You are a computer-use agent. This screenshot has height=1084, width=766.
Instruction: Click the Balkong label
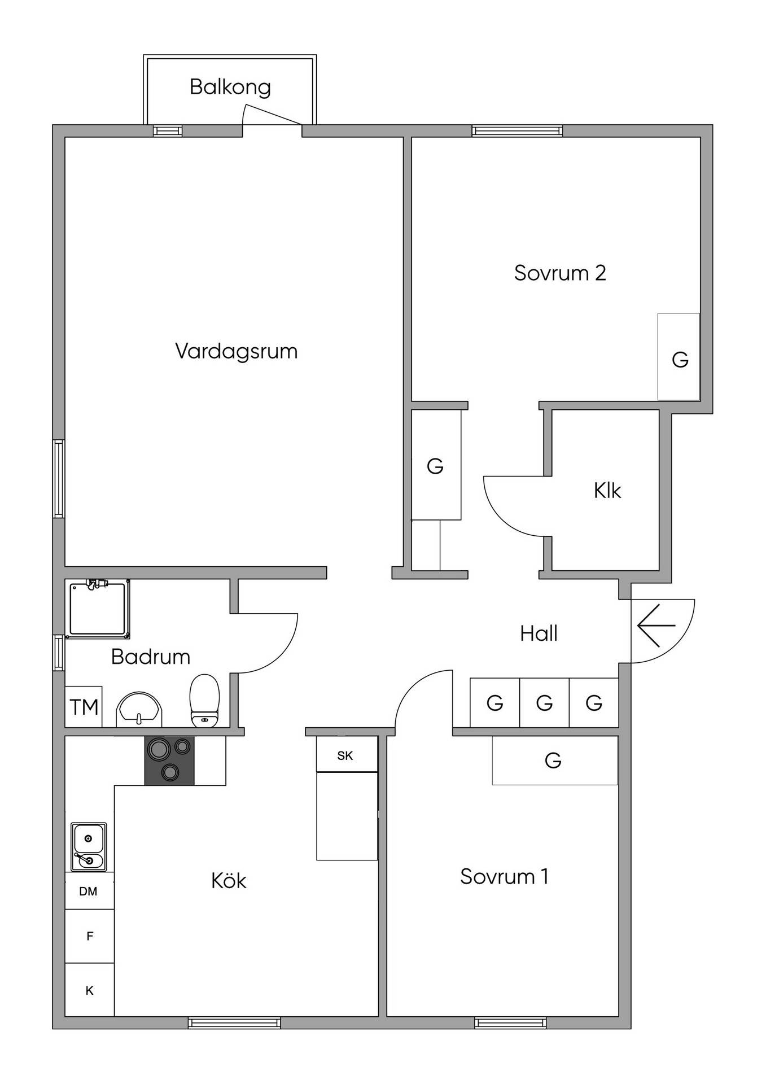point(230,87)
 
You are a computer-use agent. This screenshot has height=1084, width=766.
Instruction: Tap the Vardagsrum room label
point(237,351)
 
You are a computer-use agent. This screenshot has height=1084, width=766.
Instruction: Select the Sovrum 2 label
point(560,273)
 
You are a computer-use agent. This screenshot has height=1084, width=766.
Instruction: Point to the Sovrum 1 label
point(504,876)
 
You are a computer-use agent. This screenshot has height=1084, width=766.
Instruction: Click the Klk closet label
point(607,491)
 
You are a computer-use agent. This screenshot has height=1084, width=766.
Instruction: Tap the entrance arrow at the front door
point(656,626)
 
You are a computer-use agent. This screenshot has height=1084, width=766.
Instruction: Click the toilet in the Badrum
point(204,701)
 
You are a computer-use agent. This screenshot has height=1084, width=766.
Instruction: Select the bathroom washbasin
point(139,710)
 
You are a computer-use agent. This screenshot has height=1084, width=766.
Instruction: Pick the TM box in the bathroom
point(84,707)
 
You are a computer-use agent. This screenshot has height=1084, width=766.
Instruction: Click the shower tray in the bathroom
point(98,609)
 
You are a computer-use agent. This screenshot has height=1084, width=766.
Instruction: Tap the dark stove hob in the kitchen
point(169,760)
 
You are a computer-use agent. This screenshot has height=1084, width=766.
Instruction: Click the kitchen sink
point(89,847)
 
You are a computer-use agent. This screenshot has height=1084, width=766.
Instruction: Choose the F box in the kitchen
point(90,936)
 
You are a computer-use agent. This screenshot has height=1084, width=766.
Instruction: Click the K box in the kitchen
point(90,990)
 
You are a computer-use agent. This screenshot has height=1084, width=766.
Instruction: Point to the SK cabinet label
point(345,755)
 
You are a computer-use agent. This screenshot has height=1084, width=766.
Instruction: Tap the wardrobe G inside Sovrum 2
point(679,357)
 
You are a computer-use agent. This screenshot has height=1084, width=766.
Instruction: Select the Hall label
point(539,633)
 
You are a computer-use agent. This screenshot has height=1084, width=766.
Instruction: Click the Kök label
point(229,880)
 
